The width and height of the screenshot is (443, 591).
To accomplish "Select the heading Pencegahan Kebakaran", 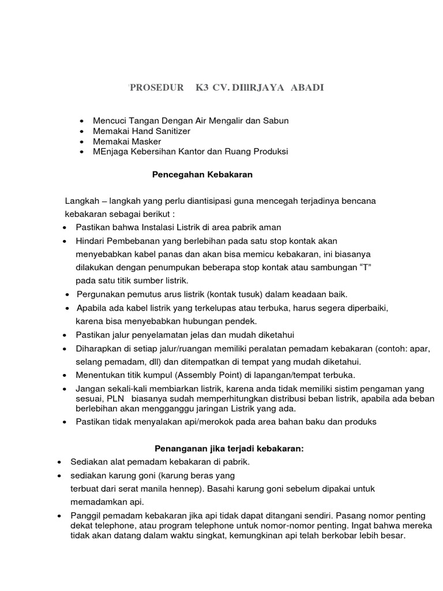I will point(202,173).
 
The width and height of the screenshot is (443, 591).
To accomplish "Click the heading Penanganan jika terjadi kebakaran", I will point(229,448).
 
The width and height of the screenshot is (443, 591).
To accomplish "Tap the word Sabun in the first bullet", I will point(275,121).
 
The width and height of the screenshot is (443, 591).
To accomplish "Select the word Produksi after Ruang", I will point(268,152).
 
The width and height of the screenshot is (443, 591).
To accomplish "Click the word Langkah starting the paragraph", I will point(81,200).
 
